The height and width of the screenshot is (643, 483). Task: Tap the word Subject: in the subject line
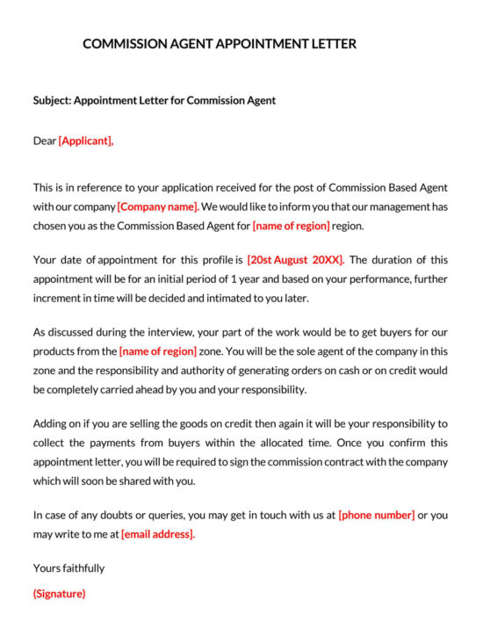click(x=52, y=100)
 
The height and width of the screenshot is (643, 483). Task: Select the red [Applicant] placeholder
click(x=86, y=141)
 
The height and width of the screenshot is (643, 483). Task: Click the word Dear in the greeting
click(x=45, y=141)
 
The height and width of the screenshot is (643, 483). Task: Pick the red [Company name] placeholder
click(x=158, y=206)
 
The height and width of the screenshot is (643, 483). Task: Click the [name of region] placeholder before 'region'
click(x=292, y=226)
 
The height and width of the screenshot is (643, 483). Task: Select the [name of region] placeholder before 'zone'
click(x=158, y=350)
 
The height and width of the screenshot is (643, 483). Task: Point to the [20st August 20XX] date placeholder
click(x=295, y=259)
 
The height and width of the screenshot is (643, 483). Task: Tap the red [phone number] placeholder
click(x=376, y=515)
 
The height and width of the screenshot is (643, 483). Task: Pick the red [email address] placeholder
click(x=158, y=534)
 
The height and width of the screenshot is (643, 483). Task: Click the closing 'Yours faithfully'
click(x=68, y=568)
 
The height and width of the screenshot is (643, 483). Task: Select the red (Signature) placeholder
click(x=59, y=594)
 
